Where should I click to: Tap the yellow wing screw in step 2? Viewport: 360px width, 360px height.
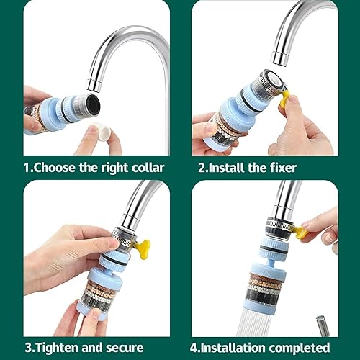pyautogui.click(x=286, y=95)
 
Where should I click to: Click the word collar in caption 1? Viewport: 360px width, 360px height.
pyautogui.click(x=145, y=168)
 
